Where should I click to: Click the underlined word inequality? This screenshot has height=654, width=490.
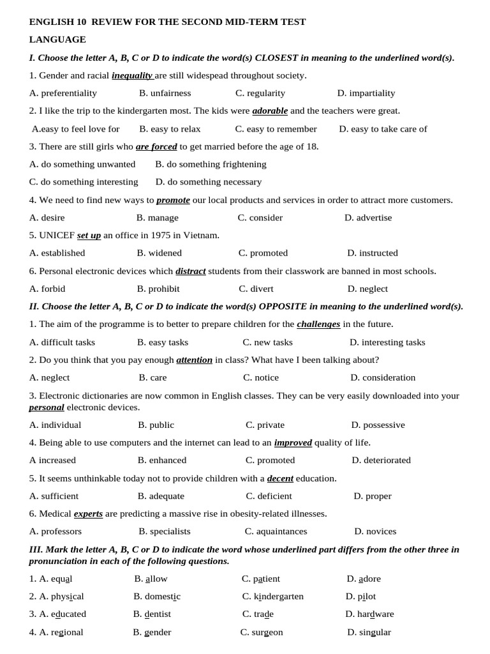point(132,75)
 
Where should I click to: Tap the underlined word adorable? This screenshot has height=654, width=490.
point(270,110)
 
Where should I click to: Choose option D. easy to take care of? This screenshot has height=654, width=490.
point(383,129)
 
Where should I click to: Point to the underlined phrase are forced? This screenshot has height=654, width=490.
point(156,146)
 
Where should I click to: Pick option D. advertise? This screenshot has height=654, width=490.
point(368,218)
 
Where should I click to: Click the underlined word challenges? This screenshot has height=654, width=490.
point(318,324)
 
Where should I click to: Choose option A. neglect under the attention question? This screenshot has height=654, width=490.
point(50,377)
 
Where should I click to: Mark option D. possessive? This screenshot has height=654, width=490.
point(378,425)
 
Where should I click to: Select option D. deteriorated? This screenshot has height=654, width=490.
point(381,460)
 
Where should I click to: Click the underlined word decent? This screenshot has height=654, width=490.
point(280,478)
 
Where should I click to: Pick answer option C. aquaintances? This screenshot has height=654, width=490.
point(276,531)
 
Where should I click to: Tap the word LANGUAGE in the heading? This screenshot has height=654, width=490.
point(57,40)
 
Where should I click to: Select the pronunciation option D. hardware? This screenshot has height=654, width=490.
point(369,614)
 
